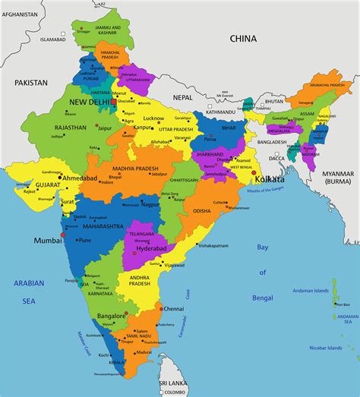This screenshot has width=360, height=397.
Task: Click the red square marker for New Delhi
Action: click(x=114, y=101)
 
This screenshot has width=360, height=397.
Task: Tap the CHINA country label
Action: click(x=244, y=37)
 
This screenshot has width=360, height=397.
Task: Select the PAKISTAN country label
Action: click(x=29, y=82)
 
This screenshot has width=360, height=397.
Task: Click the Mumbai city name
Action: click(x=47, y=240)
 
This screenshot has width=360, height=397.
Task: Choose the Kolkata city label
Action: click(x=270, y=178)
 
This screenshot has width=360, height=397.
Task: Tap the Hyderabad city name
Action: click(x=150, y=248)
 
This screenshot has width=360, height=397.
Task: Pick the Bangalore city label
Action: click(x=111, y=315)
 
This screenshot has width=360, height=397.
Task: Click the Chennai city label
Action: click(x=174, y=309)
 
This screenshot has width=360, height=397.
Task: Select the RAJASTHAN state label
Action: click(x=70, y=128)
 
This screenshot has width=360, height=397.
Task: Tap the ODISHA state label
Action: click(x=202, y=210)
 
